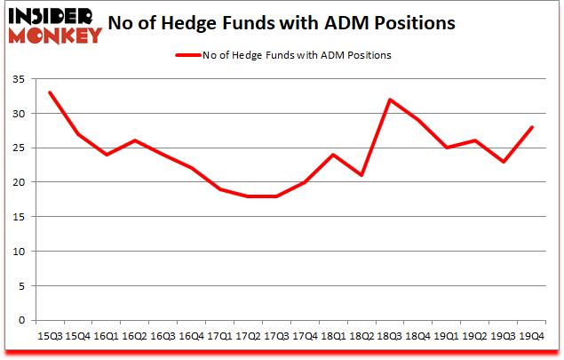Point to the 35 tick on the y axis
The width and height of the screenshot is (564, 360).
click(19, 80)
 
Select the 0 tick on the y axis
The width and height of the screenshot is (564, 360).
click(22, 320)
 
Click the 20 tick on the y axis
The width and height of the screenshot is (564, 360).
click(19, 182)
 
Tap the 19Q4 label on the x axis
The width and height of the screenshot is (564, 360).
click(532, 336)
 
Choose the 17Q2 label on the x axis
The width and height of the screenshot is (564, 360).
click(247, 336)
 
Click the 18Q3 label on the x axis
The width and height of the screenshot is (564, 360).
click(389, 336)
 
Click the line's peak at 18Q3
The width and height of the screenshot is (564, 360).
click(389, 100)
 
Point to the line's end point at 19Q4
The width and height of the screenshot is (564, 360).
click(532, 127)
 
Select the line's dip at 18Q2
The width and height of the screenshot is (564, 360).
click(361, 175)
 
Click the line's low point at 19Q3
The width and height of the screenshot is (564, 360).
click(504, 162)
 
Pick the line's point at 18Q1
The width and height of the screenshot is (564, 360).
click(332, 155)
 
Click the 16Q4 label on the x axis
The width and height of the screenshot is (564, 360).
click(190, 336)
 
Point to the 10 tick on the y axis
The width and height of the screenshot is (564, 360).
click(19, 252)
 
